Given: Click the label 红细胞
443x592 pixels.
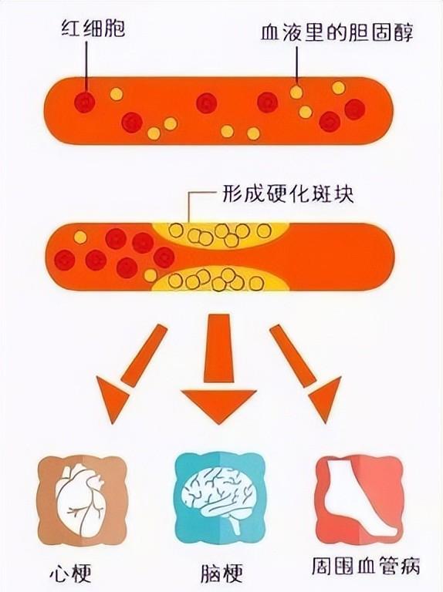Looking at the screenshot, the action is point(93,29).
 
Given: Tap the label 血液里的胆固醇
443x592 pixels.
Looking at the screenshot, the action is point(337,32).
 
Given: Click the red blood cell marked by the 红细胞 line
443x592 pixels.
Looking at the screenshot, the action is point(84,102).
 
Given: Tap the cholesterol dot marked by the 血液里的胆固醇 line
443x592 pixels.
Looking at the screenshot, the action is point(296,92).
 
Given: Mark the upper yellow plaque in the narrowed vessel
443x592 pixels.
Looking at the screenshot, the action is point(221,234).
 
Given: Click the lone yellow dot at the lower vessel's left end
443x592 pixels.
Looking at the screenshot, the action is point(79,237).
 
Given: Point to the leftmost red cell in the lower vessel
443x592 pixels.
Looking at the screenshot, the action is point(65,260).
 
